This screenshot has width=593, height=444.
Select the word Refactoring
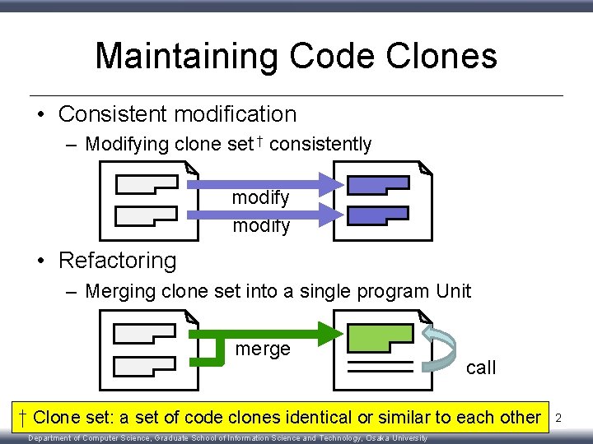pyautogui.click(x=118, y=261)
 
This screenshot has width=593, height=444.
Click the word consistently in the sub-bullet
pyautogui.click(x=320, y=145)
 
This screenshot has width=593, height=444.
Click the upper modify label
pyautogui.click(x=261, y=197)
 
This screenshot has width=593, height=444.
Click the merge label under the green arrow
pyautogui.click(x=263, y=349)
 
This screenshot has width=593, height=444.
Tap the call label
pyautogui.click(x=481, y=368)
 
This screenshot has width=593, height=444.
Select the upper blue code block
pyautogui.click(x=378, y=185)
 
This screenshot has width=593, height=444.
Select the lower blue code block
pyautogui.click(x=378, y=216)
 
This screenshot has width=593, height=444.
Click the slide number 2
pyautogui.click(x=558, y=419)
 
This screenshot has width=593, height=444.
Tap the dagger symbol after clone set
pyautogui.click(x=259, y=143)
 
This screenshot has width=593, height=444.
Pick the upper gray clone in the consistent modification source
pyautogui.click(x=147, y=183)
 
